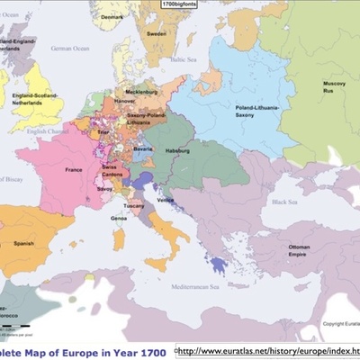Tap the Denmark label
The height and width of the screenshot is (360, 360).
coord(112,17)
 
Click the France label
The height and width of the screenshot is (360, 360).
coord(73,168)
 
